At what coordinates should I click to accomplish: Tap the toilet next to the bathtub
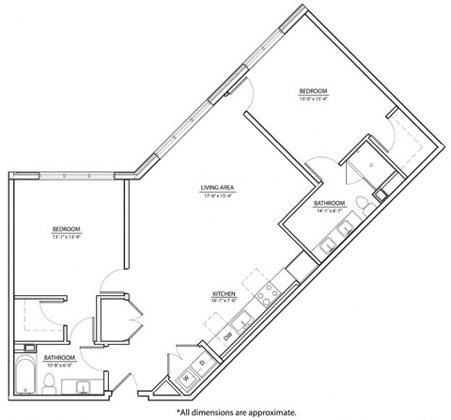click(x=49, y=381)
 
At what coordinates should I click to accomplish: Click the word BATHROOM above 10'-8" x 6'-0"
click(x=59, y=358)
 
